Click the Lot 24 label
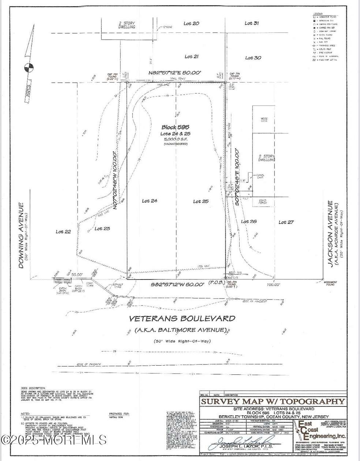149,200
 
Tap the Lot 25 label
200,201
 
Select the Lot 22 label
63,232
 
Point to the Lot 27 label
286,222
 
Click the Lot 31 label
252,23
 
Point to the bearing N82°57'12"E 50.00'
175,73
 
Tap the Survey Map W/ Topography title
273,401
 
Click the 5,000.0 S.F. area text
176,139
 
